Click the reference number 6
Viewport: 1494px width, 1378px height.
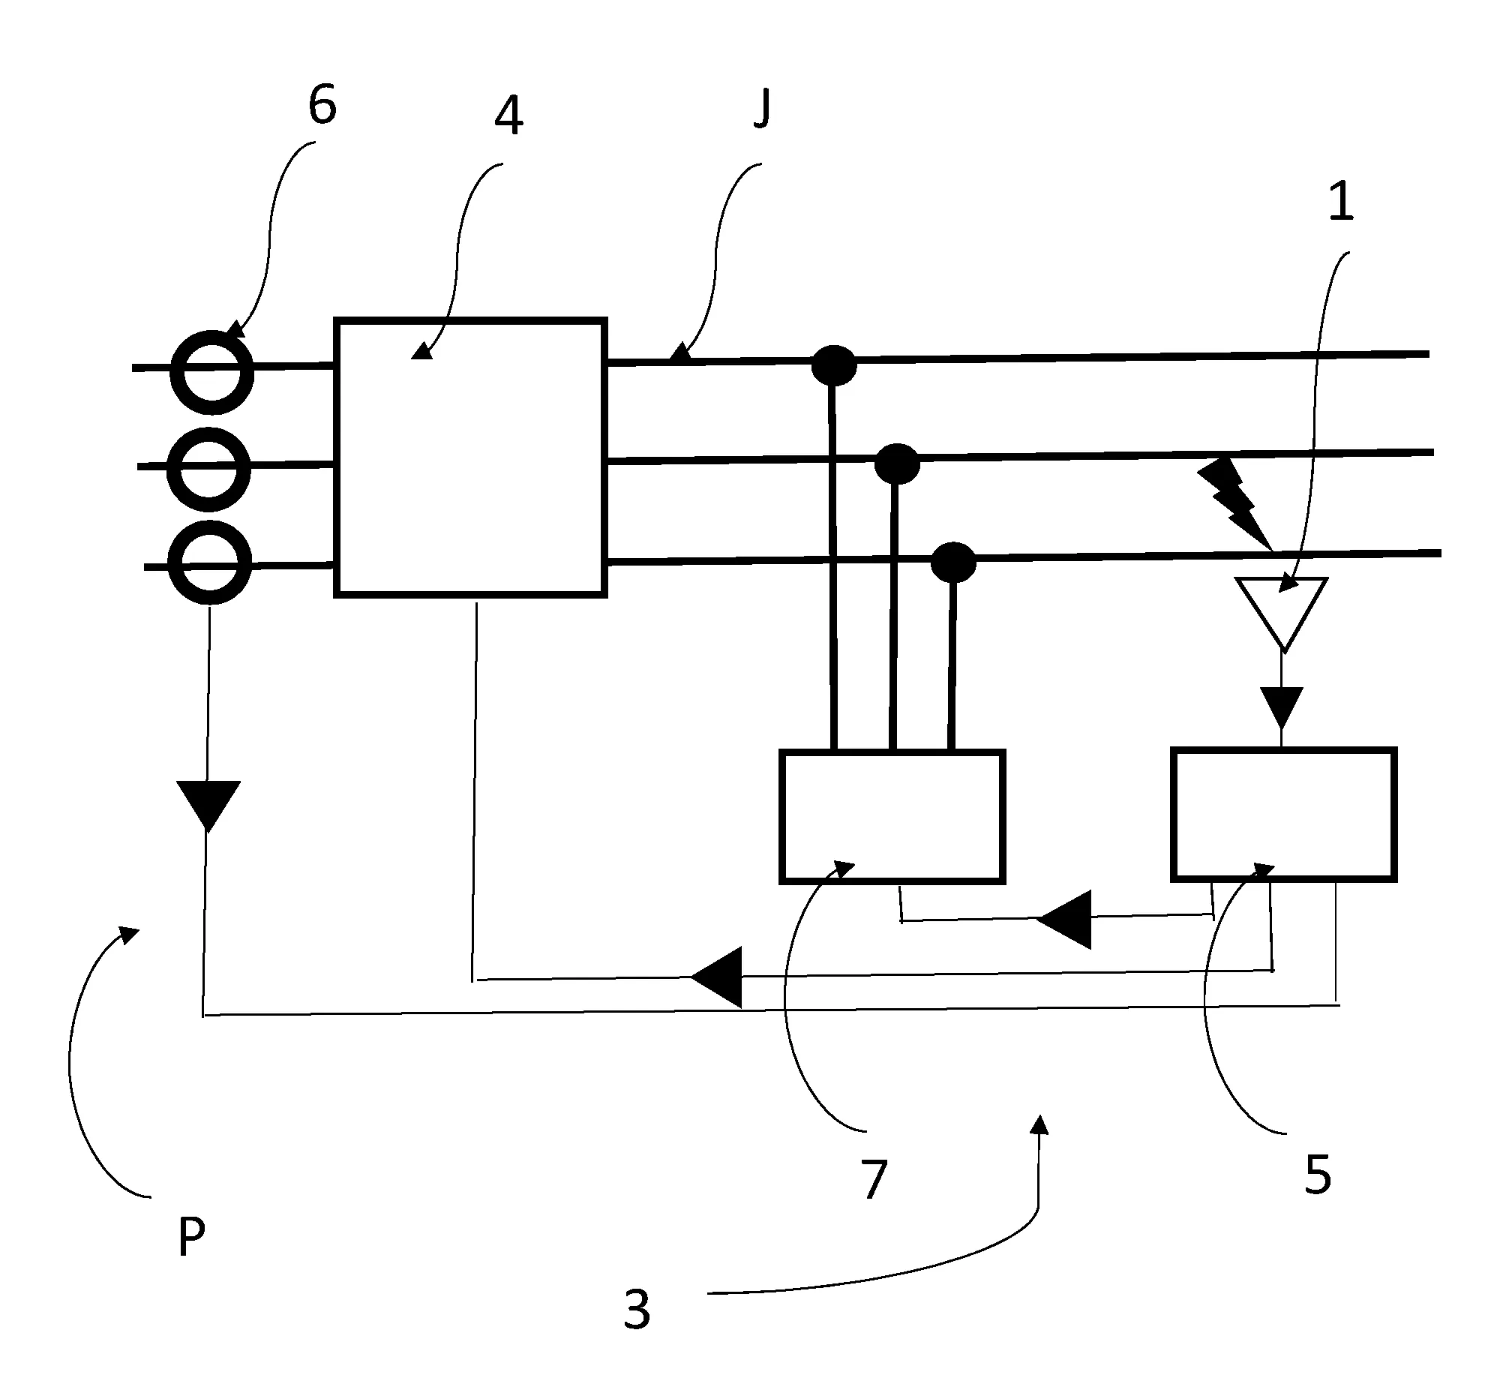[x=322, y=106]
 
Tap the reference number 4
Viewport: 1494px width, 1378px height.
[x=509, y=117]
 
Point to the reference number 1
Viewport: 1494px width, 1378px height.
[x=1341, y=202]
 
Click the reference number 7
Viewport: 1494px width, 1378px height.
[x=871, y=1179]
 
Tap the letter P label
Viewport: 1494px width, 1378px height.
[x=191, y=1237]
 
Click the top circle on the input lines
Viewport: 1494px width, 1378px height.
[x=212, y=372]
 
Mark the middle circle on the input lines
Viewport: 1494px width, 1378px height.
[x=208, y=469]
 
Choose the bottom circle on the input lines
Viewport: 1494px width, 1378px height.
[x=210, y=563]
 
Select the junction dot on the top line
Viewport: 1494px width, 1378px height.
[x=833, y=365]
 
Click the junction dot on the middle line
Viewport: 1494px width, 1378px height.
[x=897, y=464]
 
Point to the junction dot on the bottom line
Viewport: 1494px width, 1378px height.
[x=952, y=562]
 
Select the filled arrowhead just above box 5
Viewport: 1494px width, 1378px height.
[x=1281, y=707]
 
